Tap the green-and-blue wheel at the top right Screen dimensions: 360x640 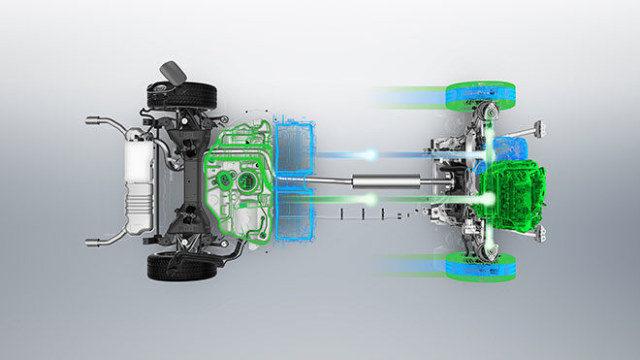point(481,96)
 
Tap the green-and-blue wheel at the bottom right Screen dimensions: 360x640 point(481,268)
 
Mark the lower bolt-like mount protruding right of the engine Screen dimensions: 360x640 point(536,234)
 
